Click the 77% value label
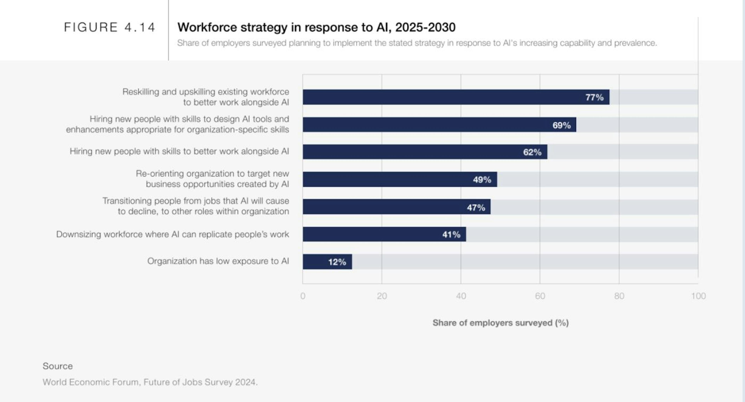[x=594, y=97]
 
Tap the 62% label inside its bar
[x=532, y=152]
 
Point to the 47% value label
[x=476, y=207]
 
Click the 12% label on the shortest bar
[x=337, y=262]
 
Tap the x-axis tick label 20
[x=382, y=296]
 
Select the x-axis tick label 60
[x=540, y=296]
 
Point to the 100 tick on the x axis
[x=698, y=296]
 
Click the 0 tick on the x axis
[x=303, y=296]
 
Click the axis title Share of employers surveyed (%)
[x=500, y=323]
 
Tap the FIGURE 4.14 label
[x=109, y=27]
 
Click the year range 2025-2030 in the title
[x=425, y=27]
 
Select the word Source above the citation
[x=58, y=366]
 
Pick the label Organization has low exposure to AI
[x=218, y=261]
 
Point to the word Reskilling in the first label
[x=140, y=92]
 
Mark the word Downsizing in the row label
[x=78, y=234]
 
